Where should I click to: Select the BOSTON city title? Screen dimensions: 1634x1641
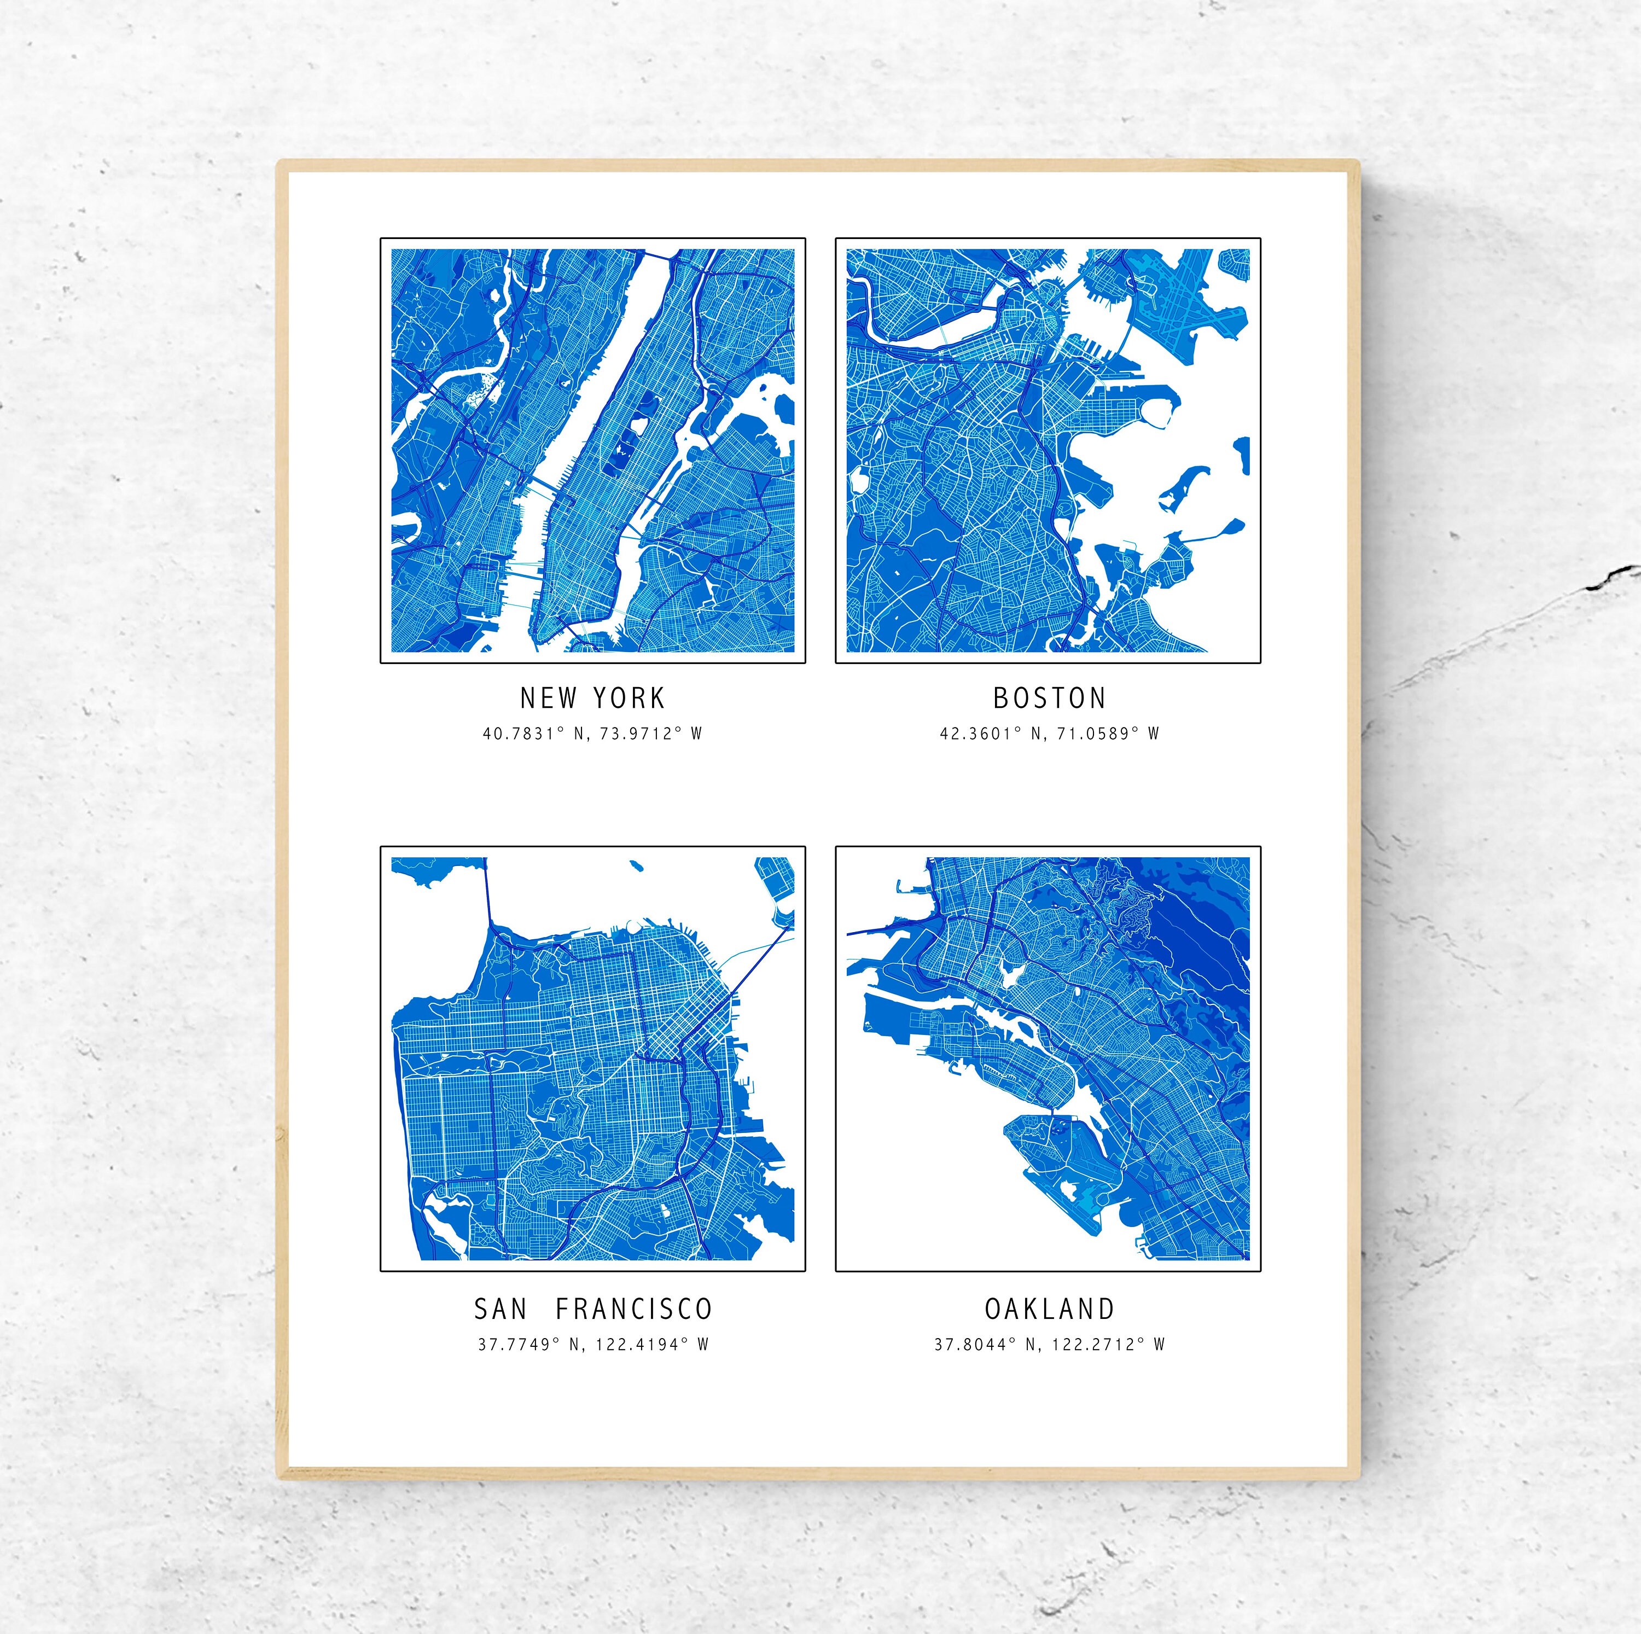[x=1050, y=698]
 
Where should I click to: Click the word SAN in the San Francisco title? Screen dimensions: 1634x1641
[x=501, y=1309]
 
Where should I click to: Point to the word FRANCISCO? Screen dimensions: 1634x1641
[x=633, y=1309]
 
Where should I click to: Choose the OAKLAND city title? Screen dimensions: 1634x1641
[x=1049, y=1309]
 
